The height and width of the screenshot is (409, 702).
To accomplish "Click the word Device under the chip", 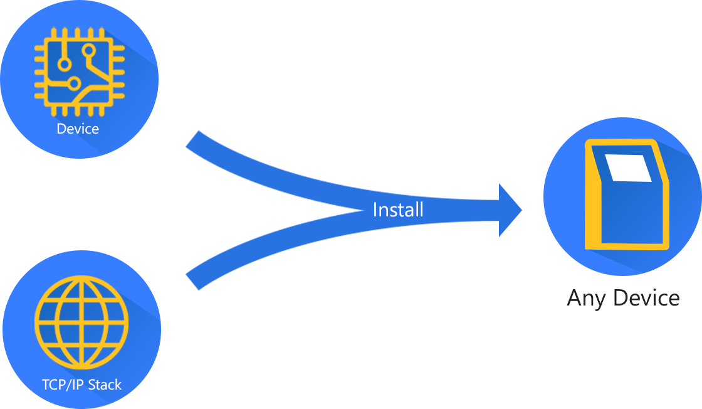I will (x=78, y=129).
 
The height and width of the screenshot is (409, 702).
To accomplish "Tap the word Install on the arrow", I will (x=398, y=210).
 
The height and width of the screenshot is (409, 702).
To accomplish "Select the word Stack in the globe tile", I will (x=104, y=385).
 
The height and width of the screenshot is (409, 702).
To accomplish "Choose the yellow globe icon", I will (x=81, y=322).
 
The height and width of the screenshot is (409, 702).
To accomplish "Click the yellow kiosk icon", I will (x=627, y=194).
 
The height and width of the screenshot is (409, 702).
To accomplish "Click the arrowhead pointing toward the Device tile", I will (x=189, y=146).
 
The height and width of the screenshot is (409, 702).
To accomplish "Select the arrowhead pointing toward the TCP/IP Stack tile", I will (x=189, y=274).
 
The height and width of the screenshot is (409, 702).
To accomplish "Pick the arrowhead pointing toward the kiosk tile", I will (x=518, y=210).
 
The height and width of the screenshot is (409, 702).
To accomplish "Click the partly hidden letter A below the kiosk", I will (x=571, y=299).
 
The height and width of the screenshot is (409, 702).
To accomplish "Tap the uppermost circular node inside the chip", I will (x=89, y=50).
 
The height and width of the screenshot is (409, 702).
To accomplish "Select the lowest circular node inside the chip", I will (x=74, y=83).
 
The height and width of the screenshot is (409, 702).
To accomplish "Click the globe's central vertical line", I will (x=81, y=322).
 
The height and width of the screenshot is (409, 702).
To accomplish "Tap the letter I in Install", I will (x=375, y=210).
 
